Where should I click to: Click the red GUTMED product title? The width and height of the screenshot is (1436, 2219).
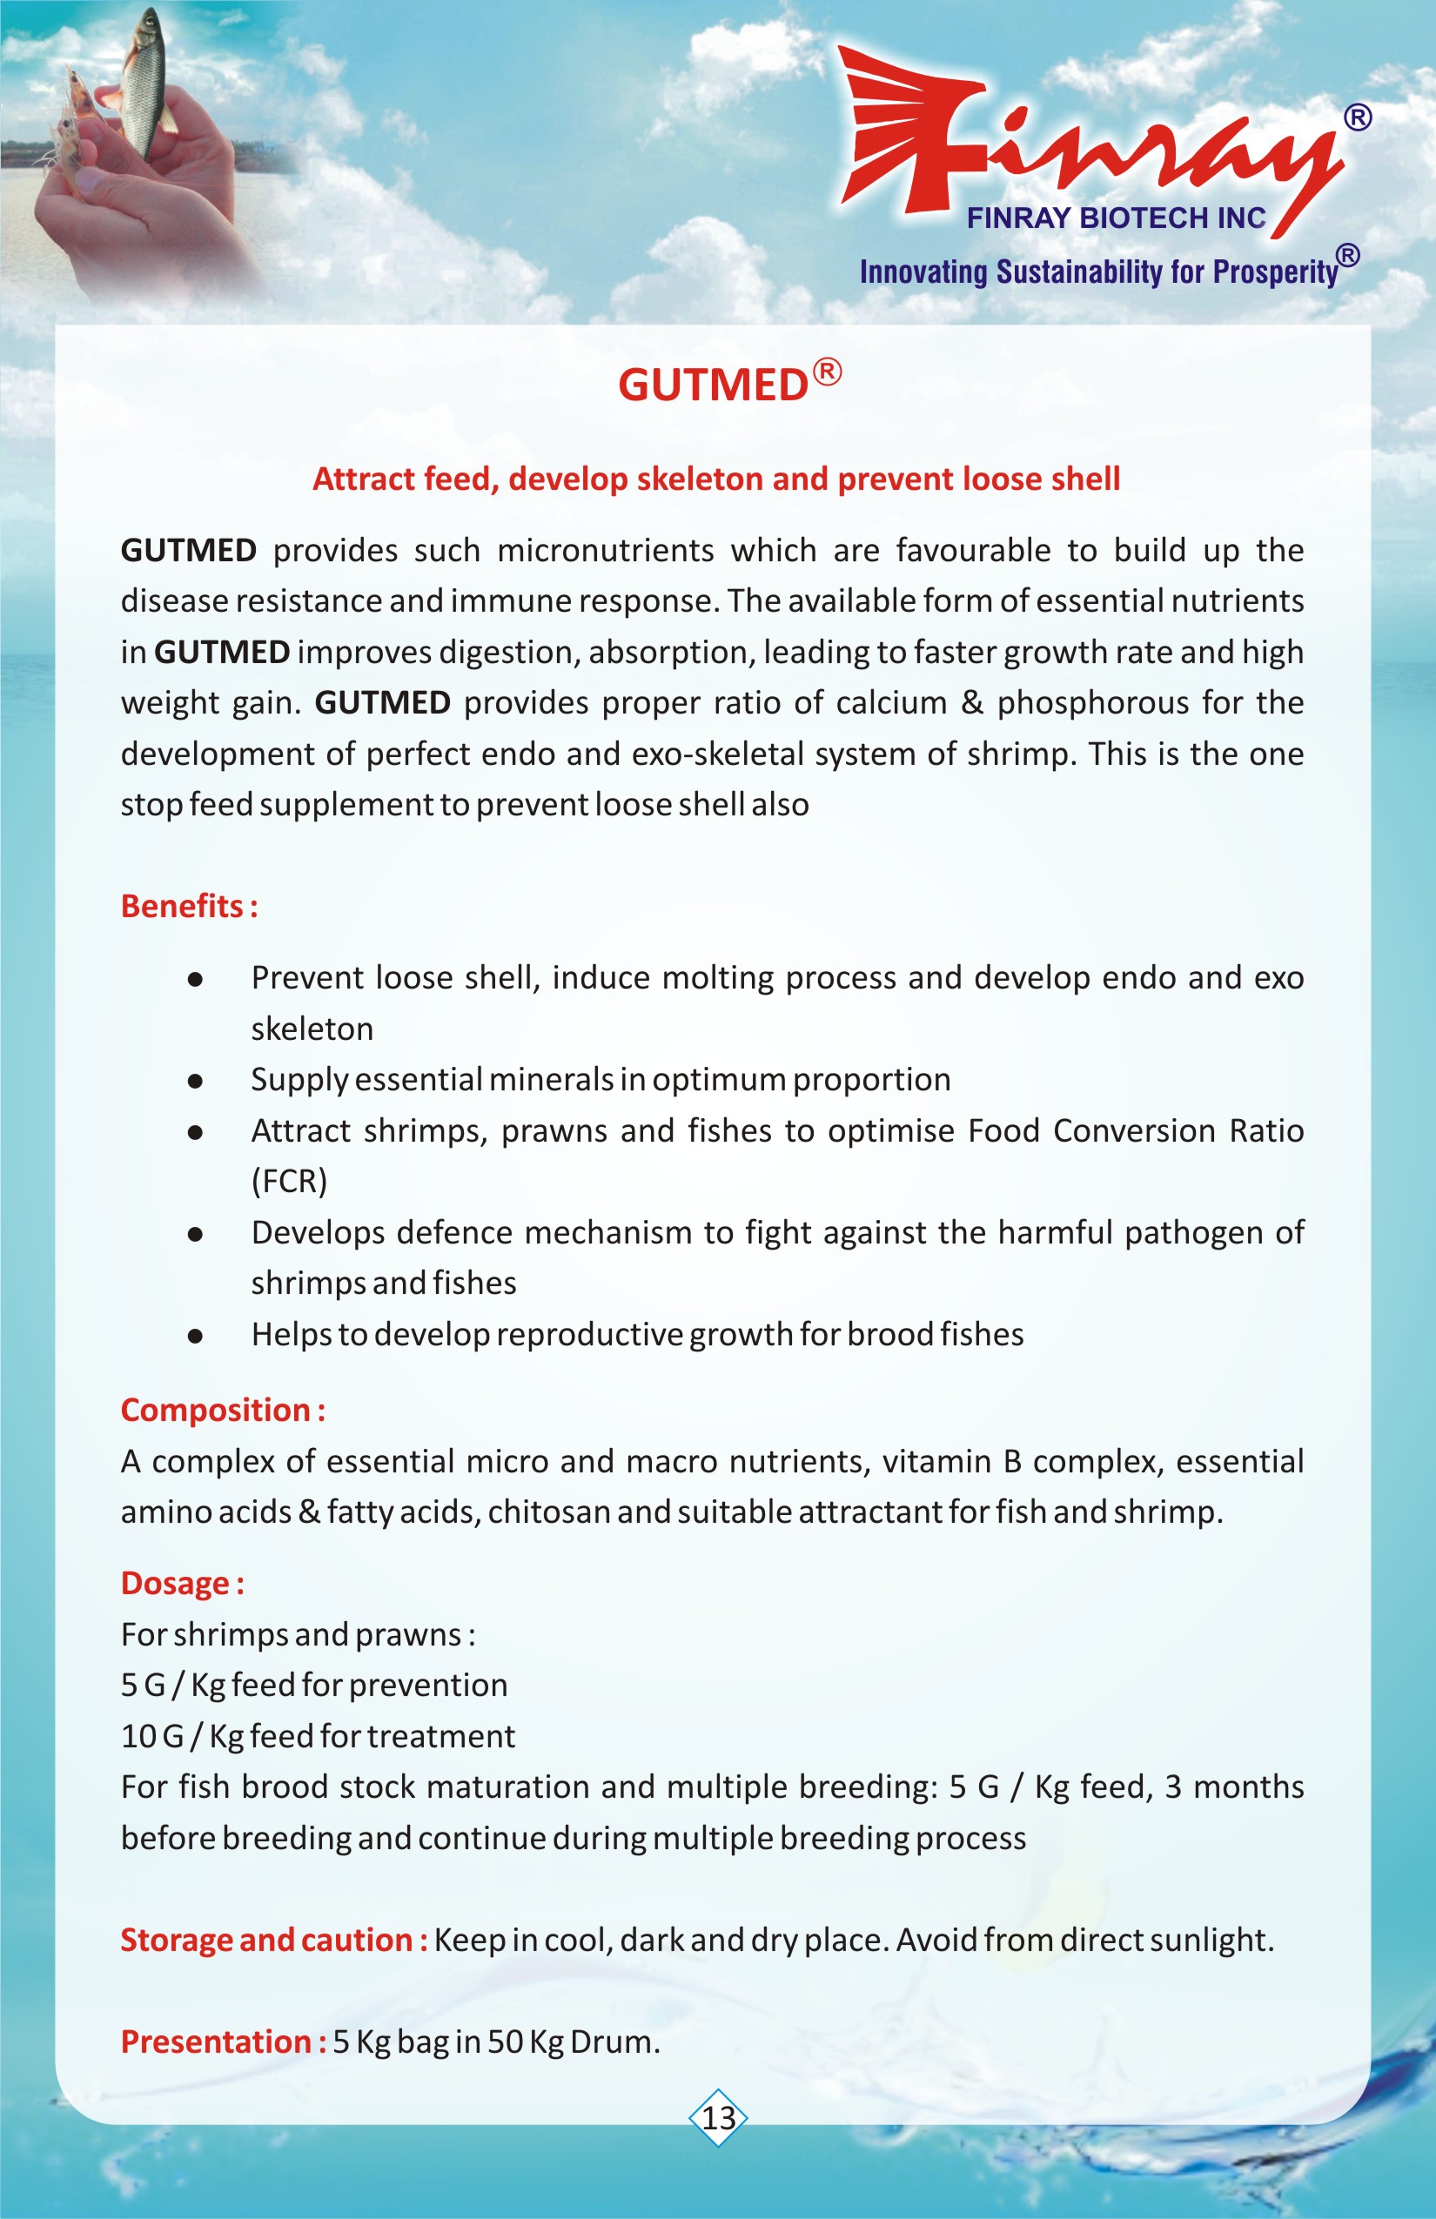click(x=713, y=385)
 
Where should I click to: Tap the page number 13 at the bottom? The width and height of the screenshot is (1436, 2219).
click(x=718, y=2117)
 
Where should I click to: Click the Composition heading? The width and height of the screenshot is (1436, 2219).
click(x=222, y=1410)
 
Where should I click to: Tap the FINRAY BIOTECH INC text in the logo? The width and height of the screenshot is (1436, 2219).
click(x=1115, y=218)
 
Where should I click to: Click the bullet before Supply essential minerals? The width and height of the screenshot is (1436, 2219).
click(x=195, y=1081)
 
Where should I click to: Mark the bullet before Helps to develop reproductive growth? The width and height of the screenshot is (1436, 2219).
click(x=195, y=1335)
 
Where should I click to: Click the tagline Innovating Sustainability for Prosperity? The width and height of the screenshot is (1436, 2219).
click(x=1098, y=272)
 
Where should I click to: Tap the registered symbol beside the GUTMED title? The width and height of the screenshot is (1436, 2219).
click(x=827, y=372)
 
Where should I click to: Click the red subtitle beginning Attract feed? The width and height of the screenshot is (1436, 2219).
click(x=716, y=479)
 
